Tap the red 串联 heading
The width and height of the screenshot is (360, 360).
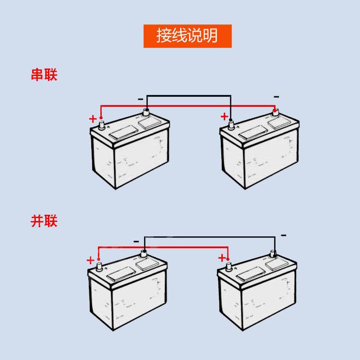tap(44, 75)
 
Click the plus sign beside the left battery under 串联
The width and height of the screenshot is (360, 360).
tap(93, 119)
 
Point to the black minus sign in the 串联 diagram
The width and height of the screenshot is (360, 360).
tap(140, 99)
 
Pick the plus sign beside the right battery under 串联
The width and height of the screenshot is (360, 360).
tap(224, 116)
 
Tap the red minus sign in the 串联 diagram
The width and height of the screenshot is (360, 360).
tap(276, 97)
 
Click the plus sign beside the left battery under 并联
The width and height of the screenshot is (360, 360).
tap(90, 260)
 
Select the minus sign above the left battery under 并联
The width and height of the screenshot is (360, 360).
tap(136, 241)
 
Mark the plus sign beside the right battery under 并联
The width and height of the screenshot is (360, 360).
tap(222, 258)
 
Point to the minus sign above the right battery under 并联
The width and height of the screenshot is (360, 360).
tap(283, 235)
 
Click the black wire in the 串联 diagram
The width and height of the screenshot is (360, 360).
tap(187, 95)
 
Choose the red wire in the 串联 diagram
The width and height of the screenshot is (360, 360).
tap(187, 105)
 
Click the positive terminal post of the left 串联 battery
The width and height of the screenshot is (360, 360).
tap(101, 126)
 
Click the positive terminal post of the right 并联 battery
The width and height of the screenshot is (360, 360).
tap(228, 265)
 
